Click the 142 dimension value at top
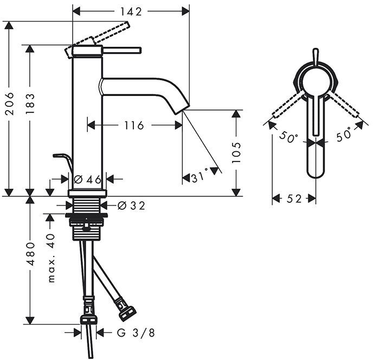coord(131,11)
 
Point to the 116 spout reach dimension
coord(134,126)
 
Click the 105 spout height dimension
coord(236,153)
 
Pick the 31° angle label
coord(199,177)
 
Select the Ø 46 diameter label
coord(87,178)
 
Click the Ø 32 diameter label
coord(131,205)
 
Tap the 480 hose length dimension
coord(30,253)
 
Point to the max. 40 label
coord(51,258)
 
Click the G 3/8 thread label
coord(132,333)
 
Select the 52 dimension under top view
coord(294,199)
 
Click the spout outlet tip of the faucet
coord(182,108)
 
